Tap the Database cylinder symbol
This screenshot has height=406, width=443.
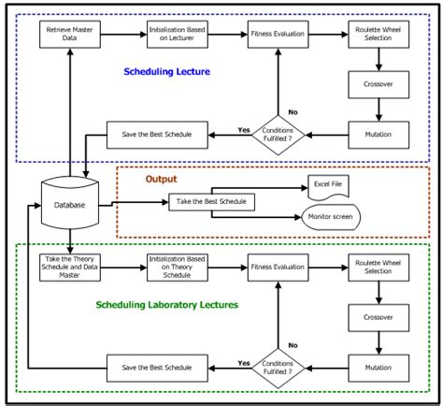pyautogui.click(x=69, y=203)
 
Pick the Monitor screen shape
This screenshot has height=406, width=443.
pyautogui.click(x=330, y=217)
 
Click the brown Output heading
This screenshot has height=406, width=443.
pyautogui.click(x=160, y=178)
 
